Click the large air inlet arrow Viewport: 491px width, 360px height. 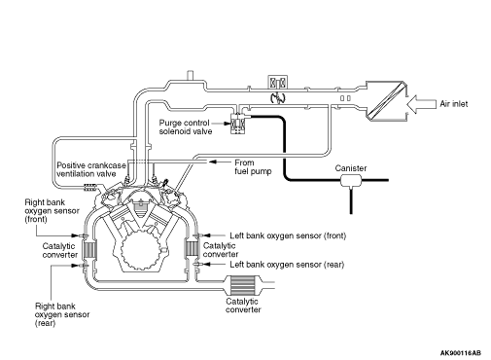(x=421, y=104)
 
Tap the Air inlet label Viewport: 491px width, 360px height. (x=454, y=104)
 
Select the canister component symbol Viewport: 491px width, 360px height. (x=351, y=181)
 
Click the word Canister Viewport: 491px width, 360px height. (x=351, y=168)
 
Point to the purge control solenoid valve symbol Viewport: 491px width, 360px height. (x=238, y=124)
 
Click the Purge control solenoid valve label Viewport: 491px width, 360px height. (x=186, y=127)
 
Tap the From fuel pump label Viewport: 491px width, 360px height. (x=253, y=166)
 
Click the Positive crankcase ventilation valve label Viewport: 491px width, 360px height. (x=91, y=169)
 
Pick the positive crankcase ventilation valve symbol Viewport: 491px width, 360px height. (x=90, y=187)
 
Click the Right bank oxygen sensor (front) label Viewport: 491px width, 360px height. (x=52, y=211)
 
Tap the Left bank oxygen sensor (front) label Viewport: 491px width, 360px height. (x=288, y=235)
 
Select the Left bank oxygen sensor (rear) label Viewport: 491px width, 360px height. (x=287, y=265)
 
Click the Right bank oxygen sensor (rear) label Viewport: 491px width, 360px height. (x=62, y=314)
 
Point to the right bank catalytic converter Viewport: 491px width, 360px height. (x=89, y=250)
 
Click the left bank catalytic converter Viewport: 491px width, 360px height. (x=192, y=249)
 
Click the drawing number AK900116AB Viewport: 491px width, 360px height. (x=461, y=353)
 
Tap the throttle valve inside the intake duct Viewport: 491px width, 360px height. (x=278, y=97)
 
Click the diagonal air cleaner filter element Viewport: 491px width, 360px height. (x=386, y=99)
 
